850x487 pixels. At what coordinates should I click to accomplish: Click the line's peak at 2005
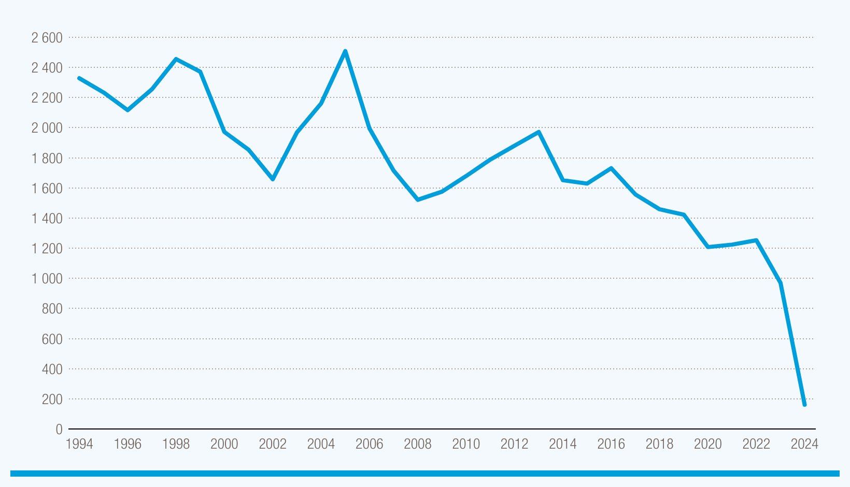coord(345,51)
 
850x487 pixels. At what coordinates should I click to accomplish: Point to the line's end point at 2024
coord(804,405)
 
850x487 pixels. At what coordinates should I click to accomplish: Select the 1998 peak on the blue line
coord(176,59)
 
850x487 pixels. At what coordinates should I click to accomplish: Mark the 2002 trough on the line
coord(273,179)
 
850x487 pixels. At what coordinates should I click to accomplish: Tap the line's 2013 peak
coord(539,132)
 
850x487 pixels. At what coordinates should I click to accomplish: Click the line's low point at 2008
coord(418,199)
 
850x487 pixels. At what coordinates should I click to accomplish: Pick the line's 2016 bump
coord(611,168)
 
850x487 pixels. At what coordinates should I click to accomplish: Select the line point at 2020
coord(708,247)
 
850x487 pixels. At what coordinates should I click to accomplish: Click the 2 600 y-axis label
coord(47,38)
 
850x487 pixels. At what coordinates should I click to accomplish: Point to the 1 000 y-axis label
coord(47,279)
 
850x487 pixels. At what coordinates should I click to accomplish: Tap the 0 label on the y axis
coord(59,429)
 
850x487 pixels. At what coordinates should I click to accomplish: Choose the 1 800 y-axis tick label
coord(47,159)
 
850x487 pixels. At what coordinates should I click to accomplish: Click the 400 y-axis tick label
coord(51,369)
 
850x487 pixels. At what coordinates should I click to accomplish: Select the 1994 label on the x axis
coord(79,444)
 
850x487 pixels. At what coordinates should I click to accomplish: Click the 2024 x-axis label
coord(804,444)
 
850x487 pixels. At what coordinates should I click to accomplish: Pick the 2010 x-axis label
coord(466,444)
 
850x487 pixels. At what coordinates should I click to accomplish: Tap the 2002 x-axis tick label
coord(273,444)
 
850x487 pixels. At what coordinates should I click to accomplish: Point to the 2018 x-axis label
coord(659,444)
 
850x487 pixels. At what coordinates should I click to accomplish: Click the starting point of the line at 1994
coord(79,78)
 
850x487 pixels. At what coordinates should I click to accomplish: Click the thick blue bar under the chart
coord(425,473)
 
